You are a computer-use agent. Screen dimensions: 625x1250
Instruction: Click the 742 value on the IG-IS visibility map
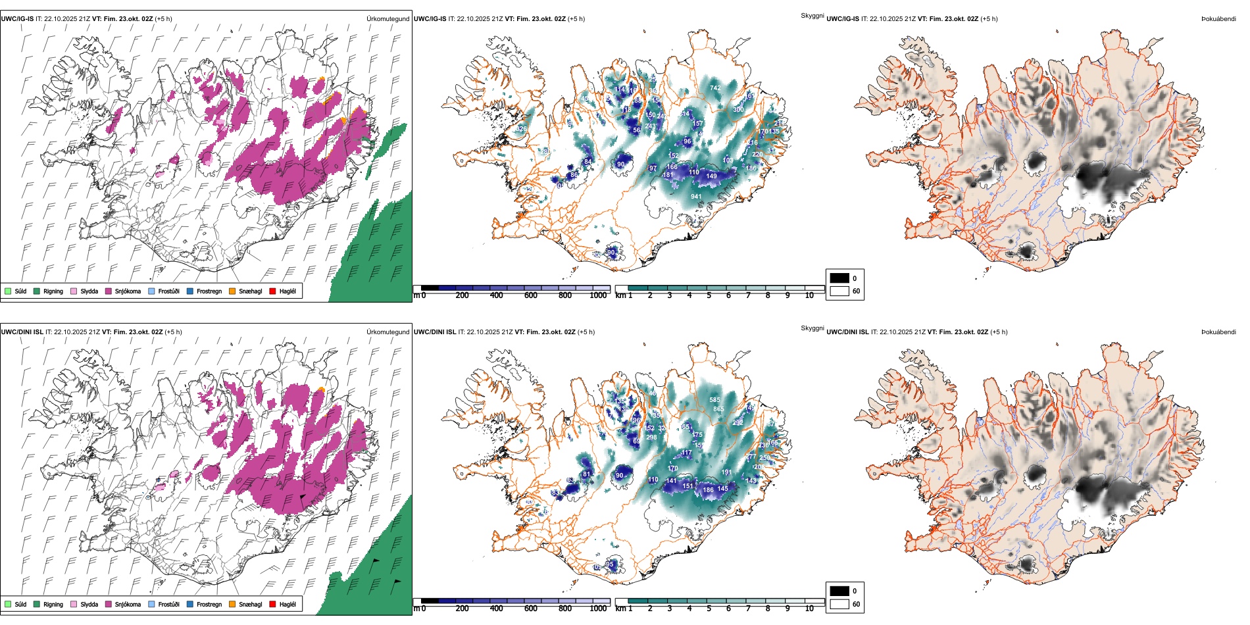point(715,87)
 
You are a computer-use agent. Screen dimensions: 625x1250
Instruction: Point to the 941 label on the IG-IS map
point(696,197)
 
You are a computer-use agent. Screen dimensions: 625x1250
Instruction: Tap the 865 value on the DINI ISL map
point(718,409)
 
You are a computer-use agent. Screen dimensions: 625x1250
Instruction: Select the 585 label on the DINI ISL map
point(714,400)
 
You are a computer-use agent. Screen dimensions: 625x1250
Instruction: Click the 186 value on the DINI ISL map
point(708,489)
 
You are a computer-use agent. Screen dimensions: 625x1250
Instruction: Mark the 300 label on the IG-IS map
point(738,110)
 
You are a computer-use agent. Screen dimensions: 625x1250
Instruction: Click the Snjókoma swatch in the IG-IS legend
point(109,291)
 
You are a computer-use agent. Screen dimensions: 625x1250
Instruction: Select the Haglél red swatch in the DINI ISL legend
point(273,604)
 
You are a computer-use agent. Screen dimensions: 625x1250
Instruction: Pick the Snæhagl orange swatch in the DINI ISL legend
point(232,604)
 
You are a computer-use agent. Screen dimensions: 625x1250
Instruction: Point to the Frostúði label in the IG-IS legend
point(168,291)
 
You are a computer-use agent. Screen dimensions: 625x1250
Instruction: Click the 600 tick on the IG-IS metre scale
point(531,295)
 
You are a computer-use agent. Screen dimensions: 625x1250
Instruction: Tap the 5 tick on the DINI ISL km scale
point(709,609)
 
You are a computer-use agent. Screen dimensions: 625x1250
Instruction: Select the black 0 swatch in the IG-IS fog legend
point(839,278)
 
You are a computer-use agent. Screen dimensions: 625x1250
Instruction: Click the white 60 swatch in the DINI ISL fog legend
point(839,604)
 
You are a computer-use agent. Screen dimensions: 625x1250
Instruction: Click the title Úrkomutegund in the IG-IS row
point(387,19)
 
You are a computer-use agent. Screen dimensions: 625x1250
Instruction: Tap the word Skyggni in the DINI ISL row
point(812,328)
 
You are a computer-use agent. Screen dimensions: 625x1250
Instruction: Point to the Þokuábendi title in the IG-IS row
point(1218,19)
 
